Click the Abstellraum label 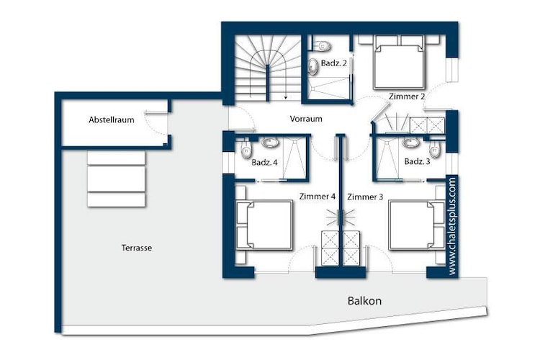111,120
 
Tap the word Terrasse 136,248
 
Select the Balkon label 364,301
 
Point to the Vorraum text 306,119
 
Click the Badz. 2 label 333,63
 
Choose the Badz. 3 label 417,161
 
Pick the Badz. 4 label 264,162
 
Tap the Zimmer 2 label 407,96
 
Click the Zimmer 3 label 365,197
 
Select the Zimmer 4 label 318,197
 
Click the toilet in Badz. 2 323,46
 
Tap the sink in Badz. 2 313,66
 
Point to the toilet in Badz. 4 246,149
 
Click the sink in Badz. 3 410,143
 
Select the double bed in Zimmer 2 399,62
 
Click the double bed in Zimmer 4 264,225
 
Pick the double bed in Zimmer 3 416,225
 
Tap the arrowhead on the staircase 286,97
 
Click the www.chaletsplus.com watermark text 452,225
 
